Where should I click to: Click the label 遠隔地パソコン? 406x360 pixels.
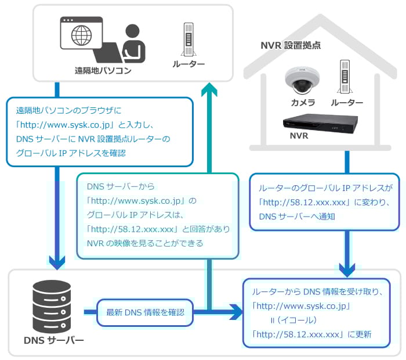(103, 71)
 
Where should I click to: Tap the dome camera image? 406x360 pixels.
(303, 80)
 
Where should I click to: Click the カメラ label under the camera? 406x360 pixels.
(303, 103)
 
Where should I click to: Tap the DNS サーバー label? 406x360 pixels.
(53, 340)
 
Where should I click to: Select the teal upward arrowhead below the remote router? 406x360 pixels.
(209, 90)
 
